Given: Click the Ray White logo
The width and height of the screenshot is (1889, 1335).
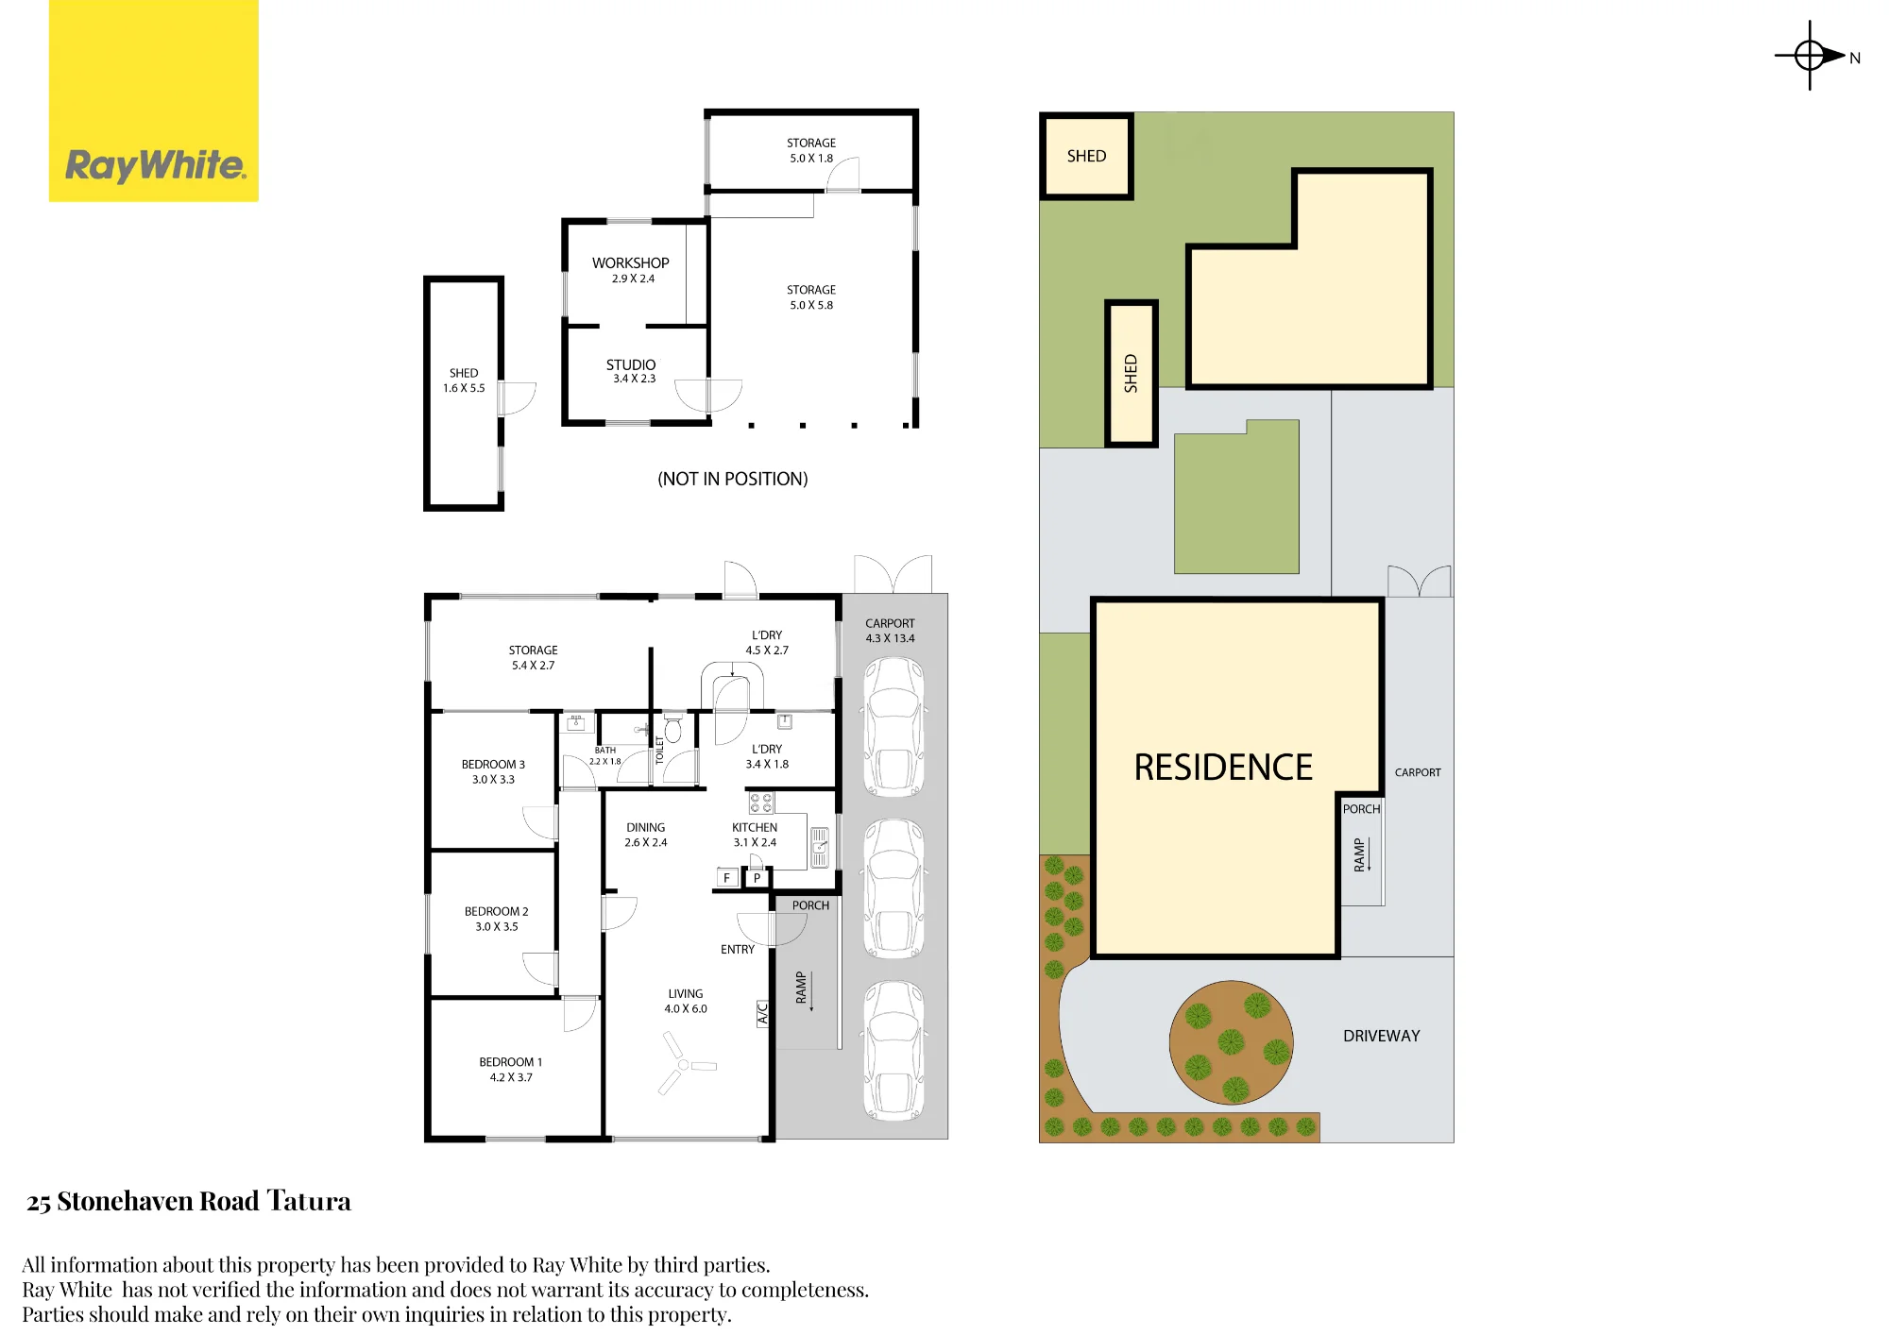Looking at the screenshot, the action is tap(154, 101).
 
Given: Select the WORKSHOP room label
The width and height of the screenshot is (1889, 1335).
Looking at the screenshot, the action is tap(631, 263).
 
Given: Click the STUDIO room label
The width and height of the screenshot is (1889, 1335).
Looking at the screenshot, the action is tap(631, 364).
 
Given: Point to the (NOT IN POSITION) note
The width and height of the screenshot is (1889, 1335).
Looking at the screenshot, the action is tap(733, 479).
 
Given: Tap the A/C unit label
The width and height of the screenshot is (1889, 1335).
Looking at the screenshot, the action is tap(763, 1013).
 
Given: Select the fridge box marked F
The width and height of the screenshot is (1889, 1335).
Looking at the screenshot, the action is tap(726, 878).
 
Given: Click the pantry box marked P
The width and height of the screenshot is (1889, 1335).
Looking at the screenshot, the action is tap(757, 878).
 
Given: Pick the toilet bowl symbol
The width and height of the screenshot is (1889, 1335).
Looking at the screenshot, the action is tap(672, 728).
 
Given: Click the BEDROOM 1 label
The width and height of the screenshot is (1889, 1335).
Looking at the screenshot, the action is tap(510, 1062).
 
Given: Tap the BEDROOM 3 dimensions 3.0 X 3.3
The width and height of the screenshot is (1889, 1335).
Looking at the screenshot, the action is tap(493, 780).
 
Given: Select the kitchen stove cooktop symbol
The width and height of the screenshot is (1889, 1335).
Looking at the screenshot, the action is tap(761, 803).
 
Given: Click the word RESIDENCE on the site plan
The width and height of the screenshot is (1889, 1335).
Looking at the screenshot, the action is tap(1223, 768).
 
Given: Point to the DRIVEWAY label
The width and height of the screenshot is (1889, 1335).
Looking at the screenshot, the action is tap(1381, 1036).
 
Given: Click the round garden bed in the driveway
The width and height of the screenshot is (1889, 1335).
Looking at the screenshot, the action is tap(1231, 1042).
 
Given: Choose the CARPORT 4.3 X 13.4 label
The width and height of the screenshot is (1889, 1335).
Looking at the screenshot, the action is tap(890, 631).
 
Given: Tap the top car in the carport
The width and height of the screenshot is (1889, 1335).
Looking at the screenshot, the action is tap(893, 727).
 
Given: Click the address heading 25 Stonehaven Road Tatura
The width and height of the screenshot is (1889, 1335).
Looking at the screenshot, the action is tap(189, 1201).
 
